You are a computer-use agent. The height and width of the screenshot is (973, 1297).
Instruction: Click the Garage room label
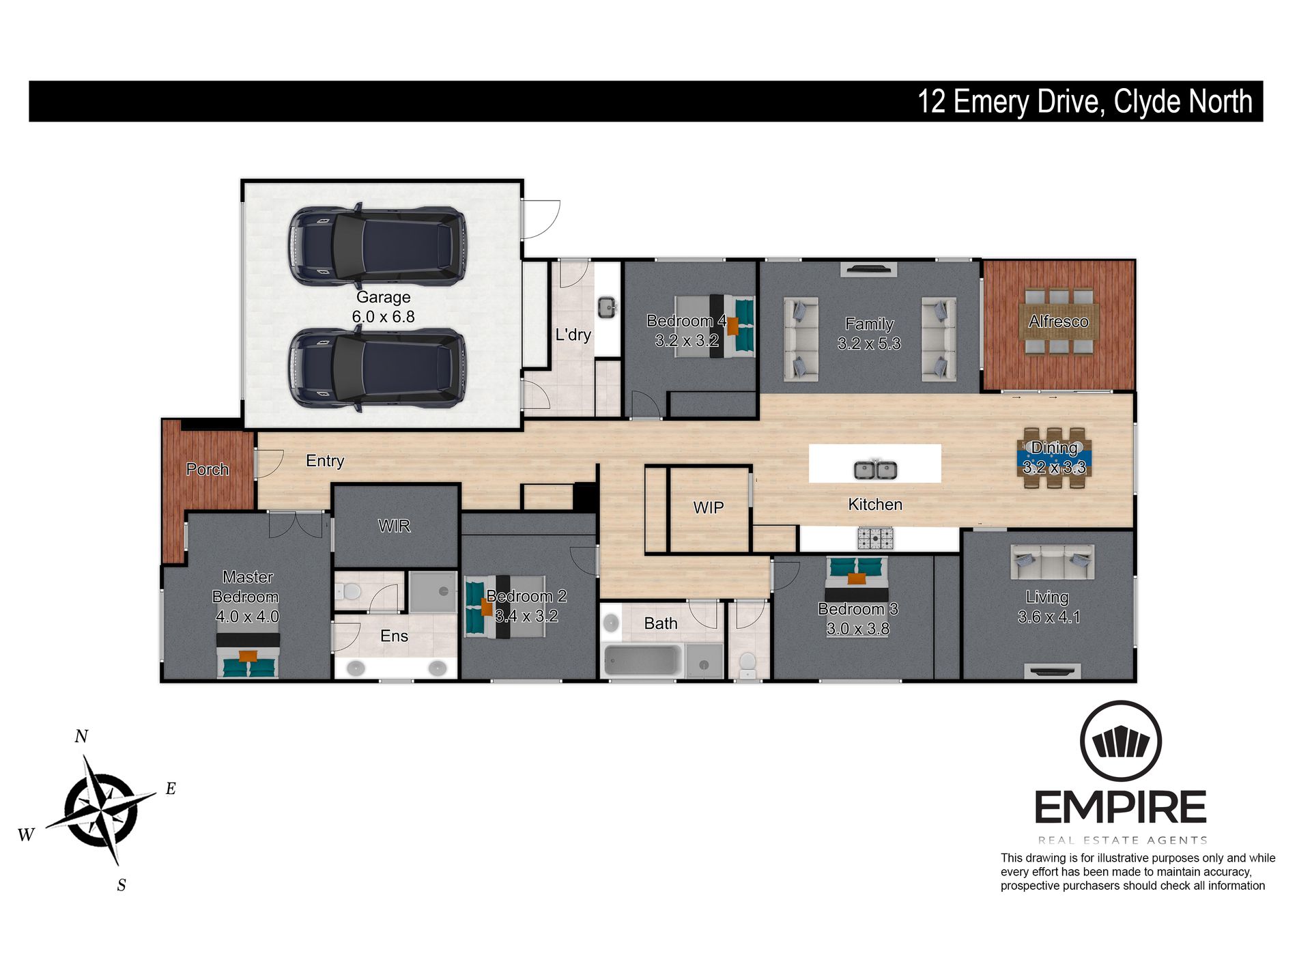pos(383,297)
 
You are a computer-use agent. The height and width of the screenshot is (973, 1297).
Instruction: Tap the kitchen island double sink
pos(875,470)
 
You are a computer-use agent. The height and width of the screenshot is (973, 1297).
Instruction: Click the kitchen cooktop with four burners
pos(875,539)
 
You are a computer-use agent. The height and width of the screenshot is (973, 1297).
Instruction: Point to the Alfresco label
pos(1058,321)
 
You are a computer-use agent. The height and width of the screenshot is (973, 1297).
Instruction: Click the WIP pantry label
pos(708,507)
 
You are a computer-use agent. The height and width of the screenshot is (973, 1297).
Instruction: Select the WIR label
pos(394,526)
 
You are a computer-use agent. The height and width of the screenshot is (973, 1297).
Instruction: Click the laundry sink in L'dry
pos(606,307)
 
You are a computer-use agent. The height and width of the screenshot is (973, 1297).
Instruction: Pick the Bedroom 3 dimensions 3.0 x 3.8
pos(857,629)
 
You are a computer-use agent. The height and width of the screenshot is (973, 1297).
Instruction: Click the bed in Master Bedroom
pos(248,656)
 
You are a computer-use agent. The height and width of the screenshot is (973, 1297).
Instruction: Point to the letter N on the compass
pos(81,736)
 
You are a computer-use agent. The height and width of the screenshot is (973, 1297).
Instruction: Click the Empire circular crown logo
pos(1120,741)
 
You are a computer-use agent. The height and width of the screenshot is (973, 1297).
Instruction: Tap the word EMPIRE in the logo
pos(1120,808)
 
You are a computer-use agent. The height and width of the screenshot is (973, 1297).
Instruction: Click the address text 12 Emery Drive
pos(1008,102)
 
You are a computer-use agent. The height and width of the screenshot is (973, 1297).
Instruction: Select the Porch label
pos(207,469)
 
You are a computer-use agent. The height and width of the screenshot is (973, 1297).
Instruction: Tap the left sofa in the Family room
pos(801,339)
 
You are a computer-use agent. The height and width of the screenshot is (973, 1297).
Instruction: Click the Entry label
pos(325,461)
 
